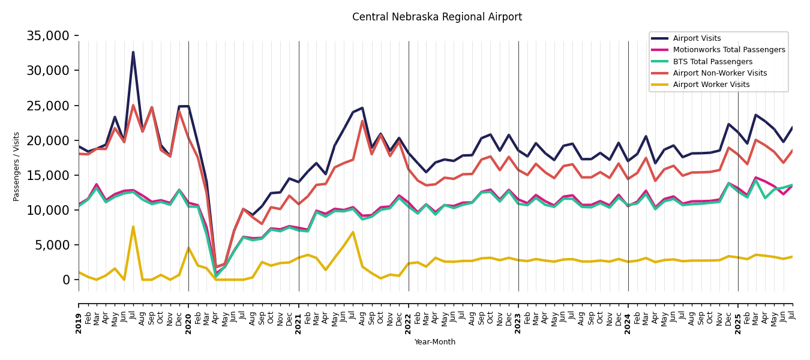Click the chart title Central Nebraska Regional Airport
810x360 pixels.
[437, 17]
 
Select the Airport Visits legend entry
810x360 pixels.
[697, 38]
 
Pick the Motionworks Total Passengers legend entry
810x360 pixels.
[728, 50]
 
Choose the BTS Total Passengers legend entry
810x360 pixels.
[712, 62]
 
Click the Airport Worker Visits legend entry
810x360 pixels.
[711, 85]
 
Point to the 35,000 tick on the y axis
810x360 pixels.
[48, 36]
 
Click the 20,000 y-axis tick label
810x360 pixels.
[48, 140]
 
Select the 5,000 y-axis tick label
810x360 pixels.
[52, 245]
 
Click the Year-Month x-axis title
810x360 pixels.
[435, 342]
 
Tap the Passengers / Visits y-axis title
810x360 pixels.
[17, 166]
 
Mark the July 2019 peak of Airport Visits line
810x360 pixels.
[133, 52]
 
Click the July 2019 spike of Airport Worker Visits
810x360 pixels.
[133, 227]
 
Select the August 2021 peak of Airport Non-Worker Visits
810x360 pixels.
[362, 121]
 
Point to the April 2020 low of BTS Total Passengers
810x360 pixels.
[216, 277]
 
